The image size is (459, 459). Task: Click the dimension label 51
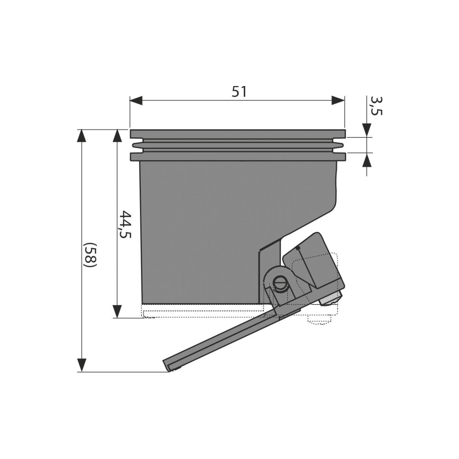point(239,92)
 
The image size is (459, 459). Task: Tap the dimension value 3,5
point(376,106)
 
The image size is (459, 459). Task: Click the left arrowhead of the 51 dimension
point(136,100)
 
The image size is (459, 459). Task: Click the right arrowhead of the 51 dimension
point(338,100)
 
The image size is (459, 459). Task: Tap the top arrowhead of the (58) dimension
point(82,136)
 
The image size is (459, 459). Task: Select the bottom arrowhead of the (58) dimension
point(82,365)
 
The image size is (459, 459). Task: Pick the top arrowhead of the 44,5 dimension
point(117,136)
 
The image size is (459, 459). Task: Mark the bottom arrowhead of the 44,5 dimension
point(117,312)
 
